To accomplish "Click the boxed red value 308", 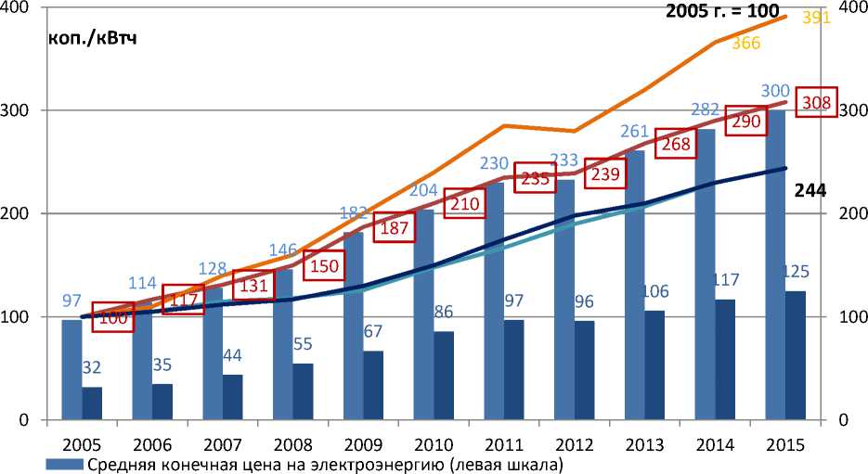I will [820, 102].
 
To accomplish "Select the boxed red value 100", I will [113, 317].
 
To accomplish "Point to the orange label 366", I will [745, 44].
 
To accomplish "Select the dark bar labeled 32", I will [91, 403].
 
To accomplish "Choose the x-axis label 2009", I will [363, 443].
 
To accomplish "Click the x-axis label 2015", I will [784, 443].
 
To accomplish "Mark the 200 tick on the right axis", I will [851, 214].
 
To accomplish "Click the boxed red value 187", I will [393, 230].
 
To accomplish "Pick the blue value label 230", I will [494, 164].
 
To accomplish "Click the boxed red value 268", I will [675, 144].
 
